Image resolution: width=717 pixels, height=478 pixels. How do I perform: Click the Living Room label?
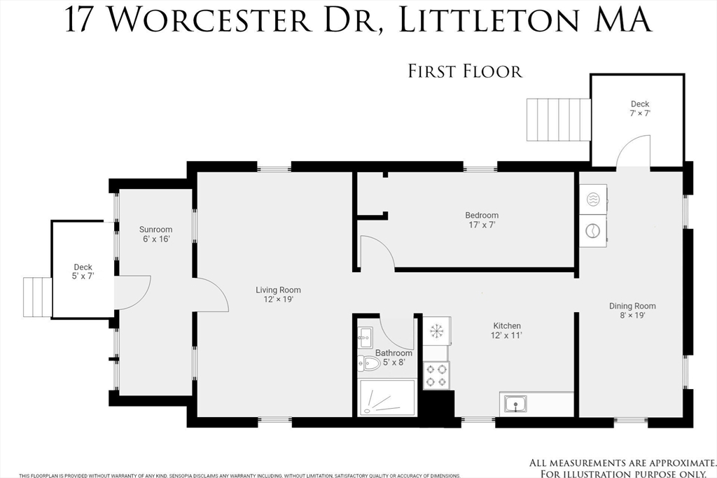click(x=278, y=295)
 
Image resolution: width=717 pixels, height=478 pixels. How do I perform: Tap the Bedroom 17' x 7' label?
click(x=482, y=220)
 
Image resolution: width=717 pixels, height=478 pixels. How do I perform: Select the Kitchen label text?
click(x=507, y=330)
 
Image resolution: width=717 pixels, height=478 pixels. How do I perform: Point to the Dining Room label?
click(x=632, y=310)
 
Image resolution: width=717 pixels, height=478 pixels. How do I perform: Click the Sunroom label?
click(x=156, y=234)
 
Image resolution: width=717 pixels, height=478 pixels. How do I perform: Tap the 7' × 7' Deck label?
click(x=640, y=108)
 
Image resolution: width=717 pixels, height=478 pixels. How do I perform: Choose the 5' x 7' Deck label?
click(x=83, y=272)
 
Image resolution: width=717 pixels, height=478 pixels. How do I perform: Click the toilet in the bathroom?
click(x=368, y=364)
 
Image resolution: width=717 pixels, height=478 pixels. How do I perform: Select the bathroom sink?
click(x=365, y=338)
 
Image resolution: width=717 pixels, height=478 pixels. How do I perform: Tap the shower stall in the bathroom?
click(x=387, y=398)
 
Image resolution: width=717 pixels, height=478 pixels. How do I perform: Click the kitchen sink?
click(x=515, y=404)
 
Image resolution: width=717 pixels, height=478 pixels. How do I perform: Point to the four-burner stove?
click(x=436, y=374)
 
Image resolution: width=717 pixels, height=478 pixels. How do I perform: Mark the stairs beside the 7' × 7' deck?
click(x=559, y=120)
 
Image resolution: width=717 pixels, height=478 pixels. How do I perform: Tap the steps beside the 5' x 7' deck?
click(x=38, y=297)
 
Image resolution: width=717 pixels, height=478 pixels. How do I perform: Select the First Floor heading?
click(x=465, y=71)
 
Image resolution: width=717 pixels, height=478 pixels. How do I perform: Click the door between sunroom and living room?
click(x=211, y=295)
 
